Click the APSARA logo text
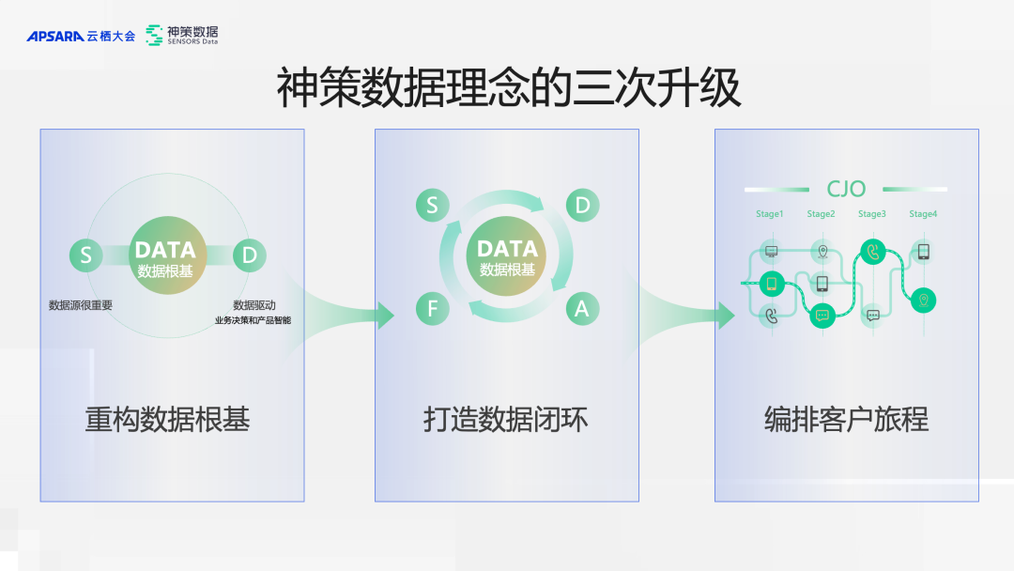point(55,37)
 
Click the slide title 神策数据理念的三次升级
point(508,87)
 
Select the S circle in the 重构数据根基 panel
point(85,255)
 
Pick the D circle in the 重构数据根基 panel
point(249,255)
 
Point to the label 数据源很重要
point(81,305)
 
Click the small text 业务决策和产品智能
point(253,320)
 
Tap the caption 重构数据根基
point(168,419)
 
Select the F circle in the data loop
point(432,307)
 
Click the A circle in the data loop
point(582,307)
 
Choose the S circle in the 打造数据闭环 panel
point(432,206)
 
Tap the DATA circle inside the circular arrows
point(507,256)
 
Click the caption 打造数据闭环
point(506,419)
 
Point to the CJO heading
point(846,190)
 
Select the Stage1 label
point(769,214)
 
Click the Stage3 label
point(871,214)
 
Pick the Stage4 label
point(923,214)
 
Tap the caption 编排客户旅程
point(846,419)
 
